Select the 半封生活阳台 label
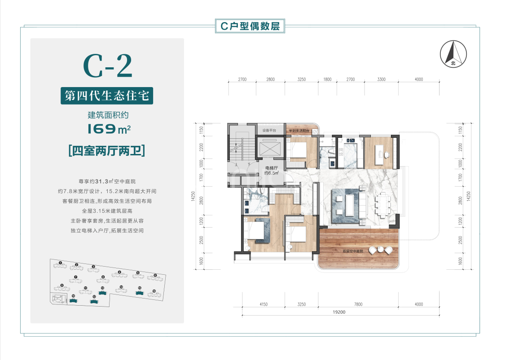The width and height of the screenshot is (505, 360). (301, 131)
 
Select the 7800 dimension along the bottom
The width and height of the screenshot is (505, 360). (358, 304)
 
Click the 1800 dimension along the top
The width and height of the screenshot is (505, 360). (327, 79)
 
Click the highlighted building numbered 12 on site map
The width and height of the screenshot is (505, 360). (93, 301)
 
